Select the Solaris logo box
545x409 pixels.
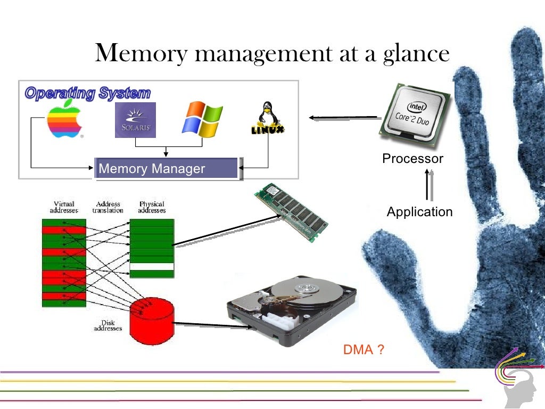135,120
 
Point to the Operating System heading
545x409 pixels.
88,94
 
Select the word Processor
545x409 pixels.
412,159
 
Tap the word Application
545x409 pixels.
419,212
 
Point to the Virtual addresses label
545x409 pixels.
64,207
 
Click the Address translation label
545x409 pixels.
108,207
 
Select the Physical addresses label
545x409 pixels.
152,207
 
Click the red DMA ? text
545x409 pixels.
364,350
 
